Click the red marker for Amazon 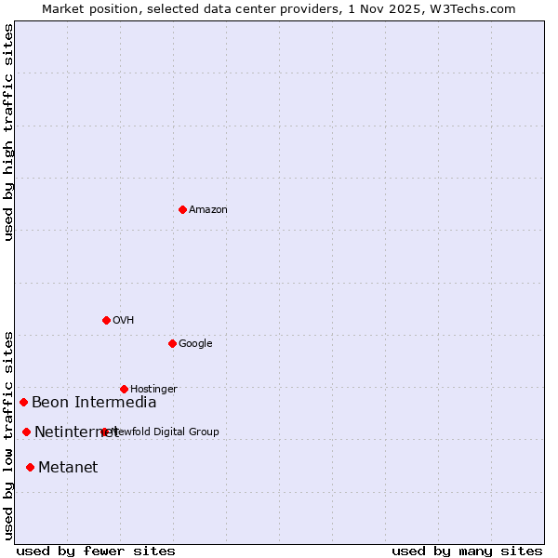tap(182, 209)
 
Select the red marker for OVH tap(106, 320)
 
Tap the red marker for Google tap(172, 343)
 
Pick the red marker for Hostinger tap(124, 389)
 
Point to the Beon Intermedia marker tap(24, 402)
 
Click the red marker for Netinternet tap(27, 432)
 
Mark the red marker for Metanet tap(31, 467)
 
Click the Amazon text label tap(207, 210)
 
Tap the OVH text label tap(123, 321)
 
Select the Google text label tap(195, 344)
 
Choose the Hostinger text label tap(153, 389)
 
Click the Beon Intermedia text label tap(94, 403)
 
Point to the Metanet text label tap(68, 468)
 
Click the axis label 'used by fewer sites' tap(96, 551)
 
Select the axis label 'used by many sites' tap(467, 551)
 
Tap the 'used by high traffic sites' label tap(9, 132)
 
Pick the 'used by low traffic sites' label tap(9, 434)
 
